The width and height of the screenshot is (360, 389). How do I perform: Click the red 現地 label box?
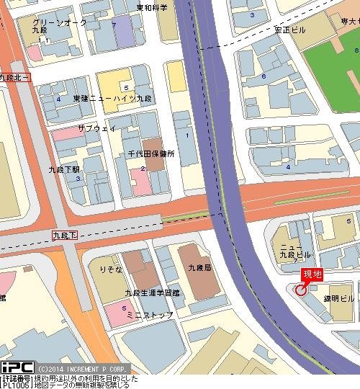tap(312, 274)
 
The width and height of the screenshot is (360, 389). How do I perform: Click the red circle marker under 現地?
tap(300, 290)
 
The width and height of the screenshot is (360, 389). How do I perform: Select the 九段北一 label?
tap(15, 76)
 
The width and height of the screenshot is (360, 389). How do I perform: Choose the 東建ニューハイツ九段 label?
tap(113, 97)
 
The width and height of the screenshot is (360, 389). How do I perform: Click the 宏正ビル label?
tap(289, 30)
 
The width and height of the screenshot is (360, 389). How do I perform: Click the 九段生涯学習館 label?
tap(152, 292)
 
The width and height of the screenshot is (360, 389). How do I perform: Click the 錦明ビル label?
tap(338, 298)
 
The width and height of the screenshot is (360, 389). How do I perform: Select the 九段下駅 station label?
tap(64, 170)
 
